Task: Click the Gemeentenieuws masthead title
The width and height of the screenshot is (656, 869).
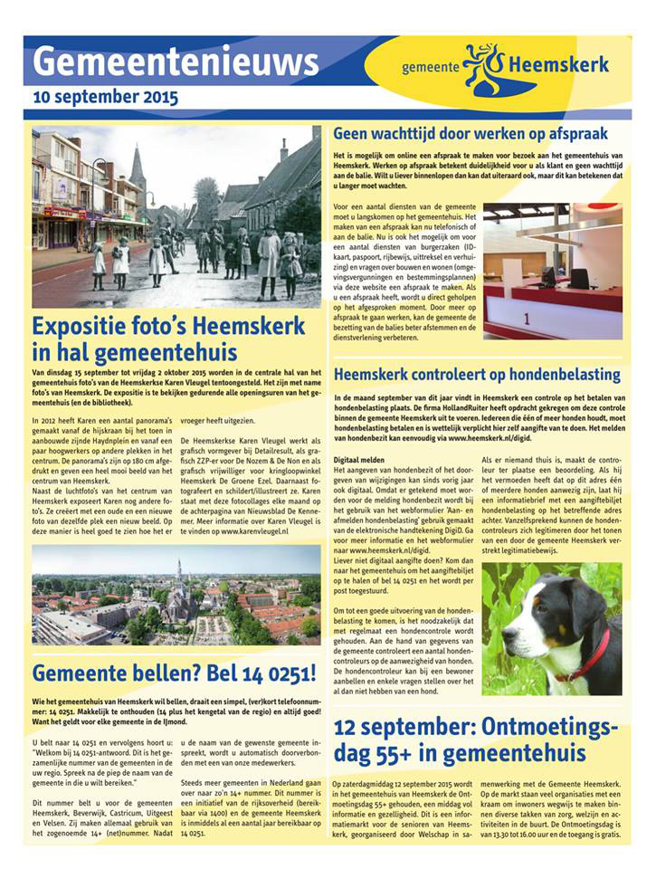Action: [x=176, y=62]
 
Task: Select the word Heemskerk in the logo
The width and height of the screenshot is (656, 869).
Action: [x=558, y=65]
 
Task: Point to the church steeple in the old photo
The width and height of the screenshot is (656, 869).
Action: [x=138, y=167]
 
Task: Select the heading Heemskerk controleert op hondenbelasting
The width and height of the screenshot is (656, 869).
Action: [x=490, y=373]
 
